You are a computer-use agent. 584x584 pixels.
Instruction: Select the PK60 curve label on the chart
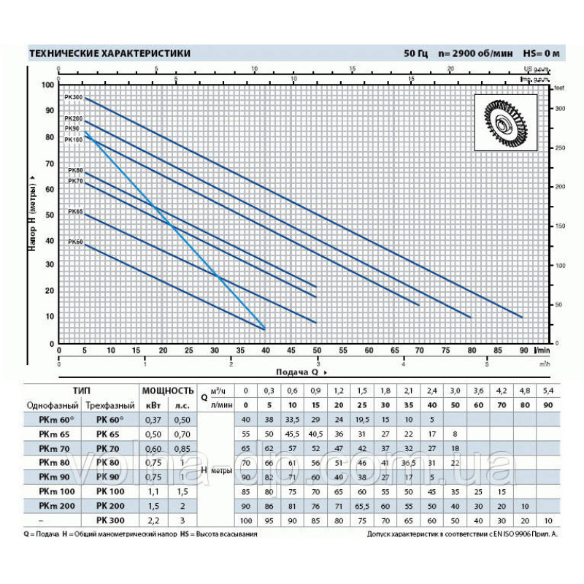(x=75, y=242)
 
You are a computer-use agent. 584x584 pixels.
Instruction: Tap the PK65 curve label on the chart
(x=75, y=212)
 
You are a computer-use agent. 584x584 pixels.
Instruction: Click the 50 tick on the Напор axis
(x=49, y=215)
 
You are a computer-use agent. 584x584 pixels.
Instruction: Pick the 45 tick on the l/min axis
(x=290, y=351)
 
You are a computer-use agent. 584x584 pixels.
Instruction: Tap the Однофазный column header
(x=52, y=404)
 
